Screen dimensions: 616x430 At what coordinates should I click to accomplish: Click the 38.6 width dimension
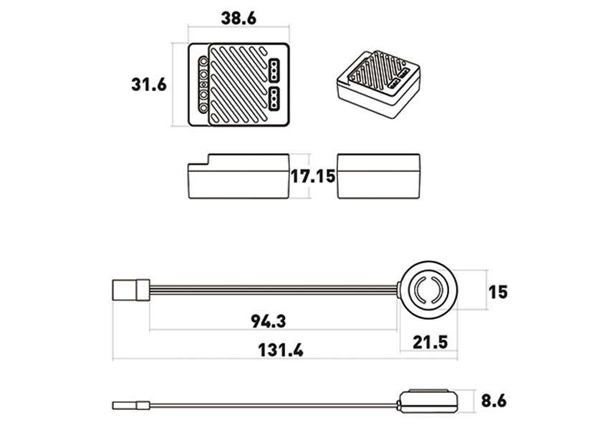coord(239,19)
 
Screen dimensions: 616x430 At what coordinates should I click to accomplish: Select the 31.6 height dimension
coord(149,85)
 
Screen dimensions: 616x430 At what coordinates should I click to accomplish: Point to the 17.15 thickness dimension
coord(313,176)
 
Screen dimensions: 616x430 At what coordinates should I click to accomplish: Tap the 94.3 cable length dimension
coord(269,322)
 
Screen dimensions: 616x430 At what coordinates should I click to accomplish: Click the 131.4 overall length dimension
coord(281,350)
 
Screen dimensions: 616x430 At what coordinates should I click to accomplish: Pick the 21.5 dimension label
coord(430,343)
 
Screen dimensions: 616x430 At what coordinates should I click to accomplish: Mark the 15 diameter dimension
coord(498,292)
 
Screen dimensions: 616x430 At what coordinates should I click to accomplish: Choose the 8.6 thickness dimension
coord(494,401)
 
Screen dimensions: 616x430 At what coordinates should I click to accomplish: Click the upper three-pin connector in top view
coord(274,70)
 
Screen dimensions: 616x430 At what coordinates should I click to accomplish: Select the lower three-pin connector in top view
coord(274,98)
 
